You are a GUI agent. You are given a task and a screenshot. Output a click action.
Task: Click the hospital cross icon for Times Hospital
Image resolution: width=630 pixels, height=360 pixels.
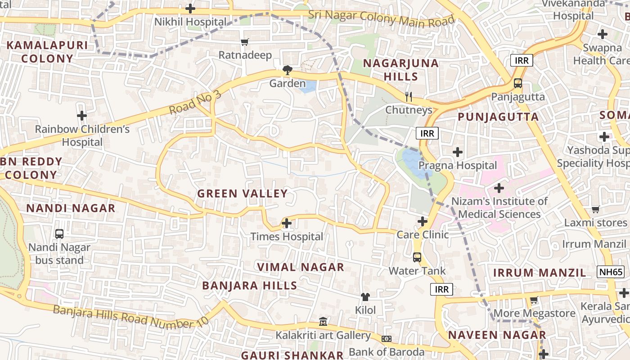coord(286,223)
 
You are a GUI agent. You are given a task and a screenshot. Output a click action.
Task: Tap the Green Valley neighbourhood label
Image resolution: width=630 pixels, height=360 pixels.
coord(242,193)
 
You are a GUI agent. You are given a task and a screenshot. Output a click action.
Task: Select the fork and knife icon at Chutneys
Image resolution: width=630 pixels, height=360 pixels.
coord(409,96)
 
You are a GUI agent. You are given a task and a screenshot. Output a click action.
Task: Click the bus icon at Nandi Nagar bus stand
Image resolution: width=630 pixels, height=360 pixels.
coord(59,234)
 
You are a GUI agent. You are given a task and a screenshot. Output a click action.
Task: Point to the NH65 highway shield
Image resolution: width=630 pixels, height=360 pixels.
coord(611,272)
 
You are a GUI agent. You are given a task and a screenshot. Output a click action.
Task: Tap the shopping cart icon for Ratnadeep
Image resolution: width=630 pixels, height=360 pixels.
coord(245,42)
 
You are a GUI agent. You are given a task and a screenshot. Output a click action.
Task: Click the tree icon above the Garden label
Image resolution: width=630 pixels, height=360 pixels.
coord(287,70)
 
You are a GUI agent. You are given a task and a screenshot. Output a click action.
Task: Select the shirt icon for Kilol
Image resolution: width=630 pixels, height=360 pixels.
coord(365,297)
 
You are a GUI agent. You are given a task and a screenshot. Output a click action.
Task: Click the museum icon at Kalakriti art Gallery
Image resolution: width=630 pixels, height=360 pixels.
coord(323,322)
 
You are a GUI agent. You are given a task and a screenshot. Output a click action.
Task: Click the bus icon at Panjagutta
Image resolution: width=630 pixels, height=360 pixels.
coord(518,83)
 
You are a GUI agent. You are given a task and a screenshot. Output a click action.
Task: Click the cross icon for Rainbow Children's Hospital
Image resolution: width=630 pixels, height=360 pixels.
coord(81,116)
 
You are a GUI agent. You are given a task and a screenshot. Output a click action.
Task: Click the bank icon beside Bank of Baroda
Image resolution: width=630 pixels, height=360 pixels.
coord(387,338)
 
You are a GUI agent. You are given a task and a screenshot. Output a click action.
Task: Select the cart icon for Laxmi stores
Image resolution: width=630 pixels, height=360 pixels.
coord(595,209)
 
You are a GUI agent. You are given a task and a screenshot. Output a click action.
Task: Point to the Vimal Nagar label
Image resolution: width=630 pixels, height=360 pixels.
coord(301,267)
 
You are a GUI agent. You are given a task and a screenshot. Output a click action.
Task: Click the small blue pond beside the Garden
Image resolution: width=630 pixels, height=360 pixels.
coord(308,86)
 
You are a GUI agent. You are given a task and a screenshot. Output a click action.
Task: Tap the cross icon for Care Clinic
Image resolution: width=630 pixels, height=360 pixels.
coord(422,221)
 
